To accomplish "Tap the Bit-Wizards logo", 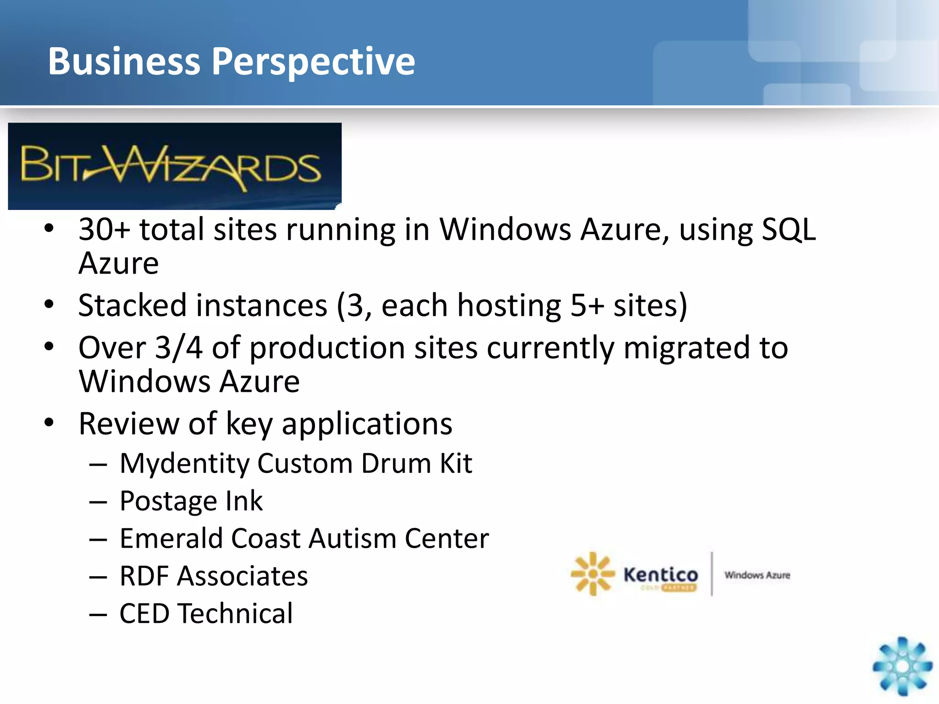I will [174, 166].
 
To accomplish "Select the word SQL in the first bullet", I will [788, 229].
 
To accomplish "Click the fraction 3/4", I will [179, 347].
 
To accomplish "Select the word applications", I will [367, 424].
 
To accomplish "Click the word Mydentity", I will [184, 463].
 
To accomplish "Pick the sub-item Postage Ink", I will [191, 501].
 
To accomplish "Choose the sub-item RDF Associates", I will [213, 576].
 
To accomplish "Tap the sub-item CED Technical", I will [206, 614].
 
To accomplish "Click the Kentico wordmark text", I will [661, 574].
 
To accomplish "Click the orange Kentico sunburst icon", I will [592, 574].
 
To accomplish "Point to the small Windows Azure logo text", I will [757, 575].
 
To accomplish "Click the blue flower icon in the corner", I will [902, 666].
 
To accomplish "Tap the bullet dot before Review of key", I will [49, 423].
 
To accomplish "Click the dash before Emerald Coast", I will [98, 539].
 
